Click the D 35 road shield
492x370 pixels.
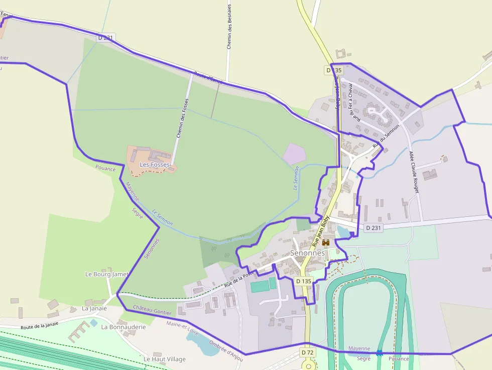tap(334, 70)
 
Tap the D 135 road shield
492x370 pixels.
tap(304, 281)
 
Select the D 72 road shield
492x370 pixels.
tap(308, 353)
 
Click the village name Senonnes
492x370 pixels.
tap(308, 253)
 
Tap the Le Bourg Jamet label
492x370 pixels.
tap(107, 274)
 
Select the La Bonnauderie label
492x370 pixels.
tap(124, 326)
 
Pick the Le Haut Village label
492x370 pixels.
tap(164, 359)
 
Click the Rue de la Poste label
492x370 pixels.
tap(237, 280)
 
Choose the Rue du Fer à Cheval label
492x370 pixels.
tap(354, 102)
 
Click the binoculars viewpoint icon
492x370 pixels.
tap(326, 242)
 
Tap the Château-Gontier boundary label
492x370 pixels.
tap(152, 311)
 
